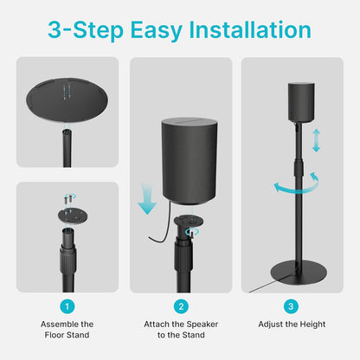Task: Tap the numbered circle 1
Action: [67, 305]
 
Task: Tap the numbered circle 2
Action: [180, 305]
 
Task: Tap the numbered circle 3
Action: [292, 305]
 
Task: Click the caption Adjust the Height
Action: [292, 324]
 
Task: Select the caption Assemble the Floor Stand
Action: [67, 330]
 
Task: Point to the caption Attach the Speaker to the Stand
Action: [180, 330]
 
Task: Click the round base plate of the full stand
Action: [295, 267]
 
